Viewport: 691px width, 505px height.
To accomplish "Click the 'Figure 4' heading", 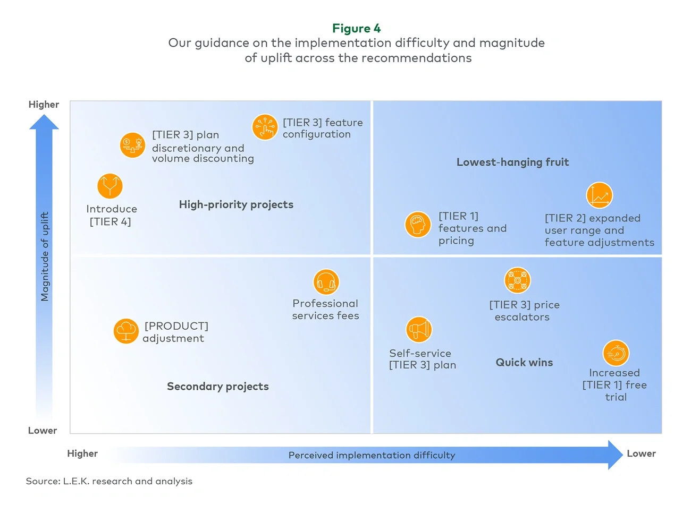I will (x=356, y=28).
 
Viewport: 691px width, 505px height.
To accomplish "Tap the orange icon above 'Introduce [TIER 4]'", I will (x=110, y=186).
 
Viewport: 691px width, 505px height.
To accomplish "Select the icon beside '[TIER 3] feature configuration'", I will (x=265, y=127).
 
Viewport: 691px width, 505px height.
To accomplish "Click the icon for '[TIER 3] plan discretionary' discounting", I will (x=132, y=145).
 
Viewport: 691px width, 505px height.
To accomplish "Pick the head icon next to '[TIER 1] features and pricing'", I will (x=418, y=225).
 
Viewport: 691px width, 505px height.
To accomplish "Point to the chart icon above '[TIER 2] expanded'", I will (x=599, y=195).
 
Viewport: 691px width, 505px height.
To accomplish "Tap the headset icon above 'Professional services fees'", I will (x=326, y=282).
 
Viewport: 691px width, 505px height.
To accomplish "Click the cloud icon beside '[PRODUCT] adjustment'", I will (x=126, y=331).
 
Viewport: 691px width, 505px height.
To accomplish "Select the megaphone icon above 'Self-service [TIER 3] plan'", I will (x=419, y=330).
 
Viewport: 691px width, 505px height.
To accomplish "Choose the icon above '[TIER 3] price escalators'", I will (x=517, y=280).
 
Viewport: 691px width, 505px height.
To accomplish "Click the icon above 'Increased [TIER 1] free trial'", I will (x=616, y=353).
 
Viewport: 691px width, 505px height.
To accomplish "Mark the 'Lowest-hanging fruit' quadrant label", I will (x=512, y=162).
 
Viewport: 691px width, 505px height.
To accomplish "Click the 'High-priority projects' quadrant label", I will (x=236, y=204).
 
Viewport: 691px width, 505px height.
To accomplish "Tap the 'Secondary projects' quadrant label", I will (x=217, y=386).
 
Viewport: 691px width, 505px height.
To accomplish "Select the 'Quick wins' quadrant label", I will (x=524, y=362).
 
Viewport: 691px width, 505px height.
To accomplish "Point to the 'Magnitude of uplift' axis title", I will (x=45, y=256).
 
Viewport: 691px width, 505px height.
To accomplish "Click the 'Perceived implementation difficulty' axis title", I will (x=372, y=455).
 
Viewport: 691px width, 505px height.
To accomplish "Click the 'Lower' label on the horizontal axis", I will (x=641, y=453).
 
